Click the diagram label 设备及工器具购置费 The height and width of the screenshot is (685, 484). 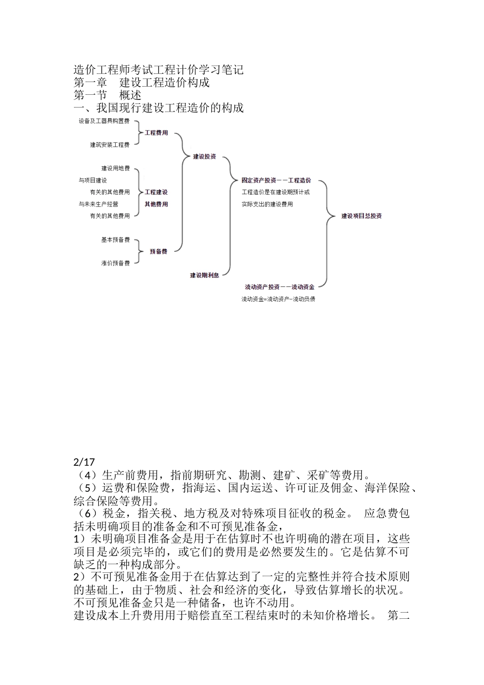tap(104, 121)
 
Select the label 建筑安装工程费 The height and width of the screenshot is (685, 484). tap(110, 145)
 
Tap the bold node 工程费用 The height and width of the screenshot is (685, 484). tap(156, 133)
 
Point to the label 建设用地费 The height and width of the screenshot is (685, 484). tap(116, 168)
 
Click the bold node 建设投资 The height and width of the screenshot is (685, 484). tap(204, 156)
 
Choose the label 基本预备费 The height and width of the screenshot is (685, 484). tap(115, 240)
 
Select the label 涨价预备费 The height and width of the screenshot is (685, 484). tap(115, 264)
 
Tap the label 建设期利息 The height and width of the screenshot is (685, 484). tap(204, 275)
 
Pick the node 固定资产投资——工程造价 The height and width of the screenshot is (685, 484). tap(276, 180)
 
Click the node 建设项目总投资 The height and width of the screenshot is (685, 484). tap(361, 216)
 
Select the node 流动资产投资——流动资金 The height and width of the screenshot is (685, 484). tap(279, 287)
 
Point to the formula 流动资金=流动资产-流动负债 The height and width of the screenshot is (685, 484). tap(278, 299)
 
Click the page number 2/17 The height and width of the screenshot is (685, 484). tap(85, 462)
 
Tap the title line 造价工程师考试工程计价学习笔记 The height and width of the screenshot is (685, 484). tap(158, 69)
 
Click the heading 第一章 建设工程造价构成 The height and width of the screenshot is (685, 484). tap(142, 82)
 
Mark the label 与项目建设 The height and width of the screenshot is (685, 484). tap(93, 180)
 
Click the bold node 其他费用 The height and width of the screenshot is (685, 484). tap(156, 204)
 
